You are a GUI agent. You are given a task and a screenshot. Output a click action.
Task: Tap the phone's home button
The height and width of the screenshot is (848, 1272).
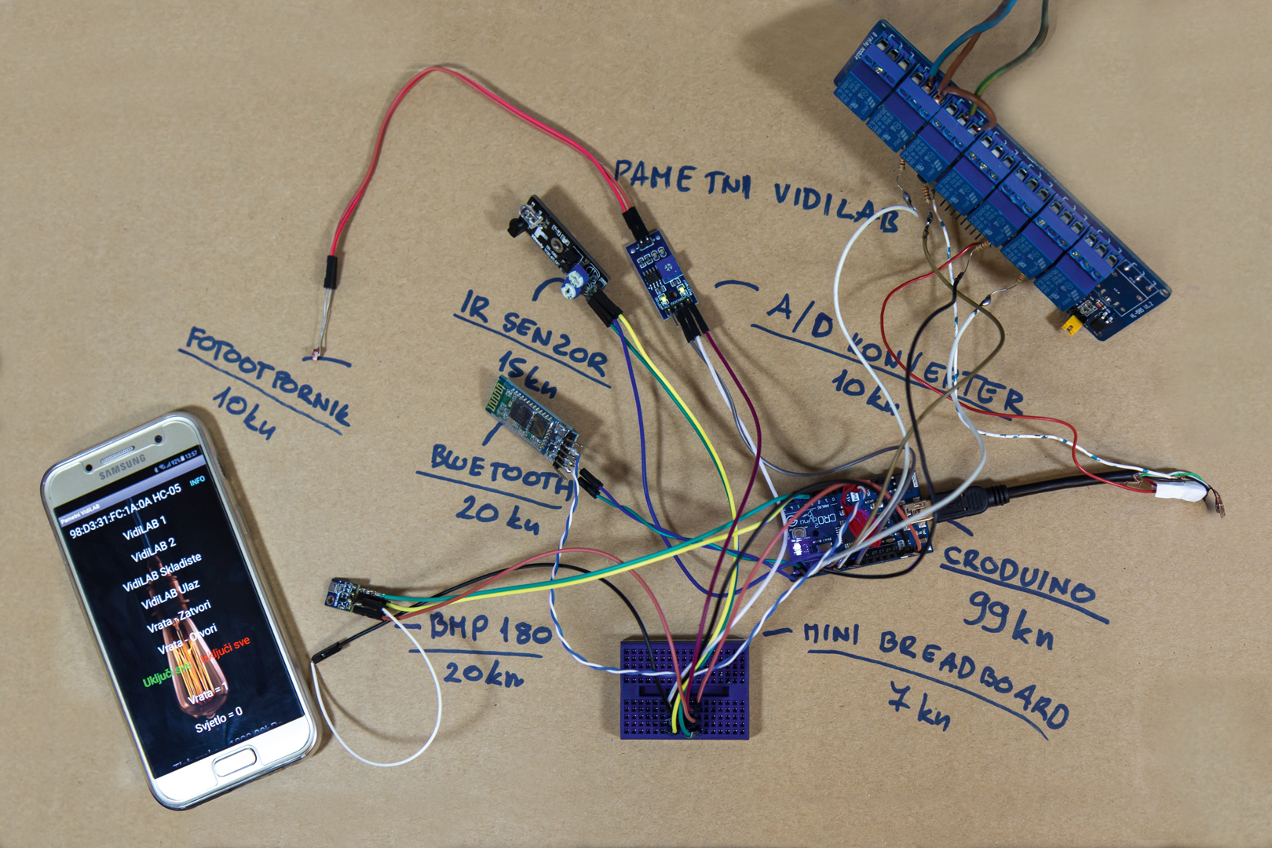(x=234, y=762)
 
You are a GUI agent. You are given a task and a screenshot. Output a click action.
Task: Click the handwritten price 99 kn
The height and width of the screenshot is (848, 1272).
(x=1010, y=620)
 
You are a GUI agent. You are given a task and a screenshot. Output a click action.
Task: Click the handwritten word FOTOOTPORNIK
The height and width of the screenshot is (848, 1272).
(x=267, y=377)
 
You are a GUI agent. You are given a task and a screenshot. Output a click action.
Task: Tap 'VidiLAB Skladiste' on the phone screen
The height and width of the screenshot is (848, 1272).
(x=163, y=572)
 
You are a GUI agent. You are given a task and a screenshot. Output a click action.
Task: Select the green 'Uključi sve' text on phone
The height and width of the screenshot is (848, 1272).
(x=166, y=674)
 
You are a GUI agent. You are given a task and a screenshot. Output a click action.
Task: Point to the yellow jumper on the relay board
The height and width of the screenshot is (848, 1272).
(x=1070, y=323)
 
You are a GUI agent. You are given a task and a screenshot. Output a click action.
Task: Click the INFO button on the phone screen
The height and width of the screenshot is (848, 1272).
(x=198, y=479)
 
